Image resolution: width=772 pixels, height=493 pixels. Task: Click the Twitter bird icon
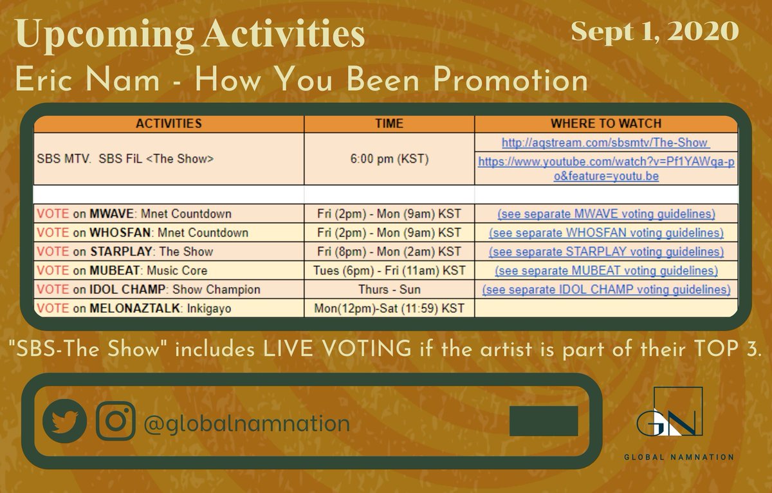point(64,421)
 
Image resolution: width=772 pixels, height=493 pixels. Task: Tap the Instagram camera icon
point(116,422)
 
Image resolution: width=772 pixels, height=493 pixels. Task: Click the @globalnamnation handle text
point(247,423)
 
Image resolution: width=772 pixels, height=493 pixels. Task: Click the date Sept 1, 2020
point(655,30)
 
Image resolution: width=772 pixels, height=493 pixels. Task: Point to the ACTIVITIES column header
point(169,124)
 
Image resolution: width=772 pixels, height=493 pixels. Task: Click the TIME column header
point(389,124)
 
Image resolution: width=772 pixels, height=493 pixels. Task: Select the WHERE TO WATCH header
point(606,124)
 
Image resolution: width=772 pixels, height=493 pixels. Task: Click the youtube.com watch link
point(606,169)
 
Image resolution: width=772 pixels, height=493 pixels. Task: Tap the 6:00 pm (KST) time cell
point(389,159)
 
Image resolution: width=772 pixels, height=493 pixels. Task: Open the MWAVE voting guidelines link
point(606,214)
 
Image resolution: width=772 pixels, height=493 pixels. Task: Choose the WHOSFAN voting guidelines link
point(606,232)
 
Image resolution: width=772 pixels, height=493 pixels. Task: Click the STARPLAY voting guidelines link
point(606,252)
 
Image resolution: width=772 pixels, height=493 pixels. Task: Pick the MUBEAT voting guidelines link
point(606,270)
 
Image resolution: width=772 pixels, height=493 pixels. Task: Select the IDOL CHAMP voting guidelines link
point(606,290)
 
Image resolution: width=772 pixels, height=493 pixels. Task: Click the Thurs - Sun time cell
point(389,290)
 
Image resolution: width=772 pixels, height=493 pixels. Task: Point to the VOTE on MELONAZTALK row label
point(134,309)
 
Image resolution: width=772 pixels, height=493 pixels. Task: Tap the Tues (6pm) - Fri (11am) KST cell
point(389,270)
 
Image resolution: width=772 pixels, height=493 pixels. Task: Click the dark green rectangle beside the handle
point(544,421)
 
